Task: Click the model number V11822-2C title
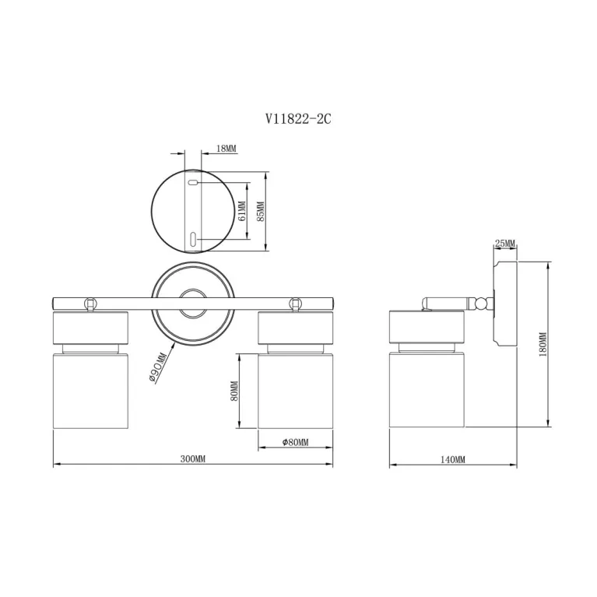click(x=298, y=119)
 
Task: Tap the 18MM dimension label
click(x=227, y=148)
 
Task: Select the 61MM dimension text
click(x=242, y=211)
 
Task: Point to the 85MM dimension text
click(x=261, y=211)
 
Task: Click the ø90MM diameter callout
click(x=158, y=367)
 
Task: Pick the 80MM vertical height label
click(x=234, y=391)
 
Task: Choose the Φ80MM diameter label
click(x=296, y=442)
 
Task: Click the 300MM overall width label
click(x=193, y=458)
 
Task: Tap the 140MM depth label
click(x=453, y=459)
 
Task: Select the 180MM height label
click(x=543, y=344)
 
